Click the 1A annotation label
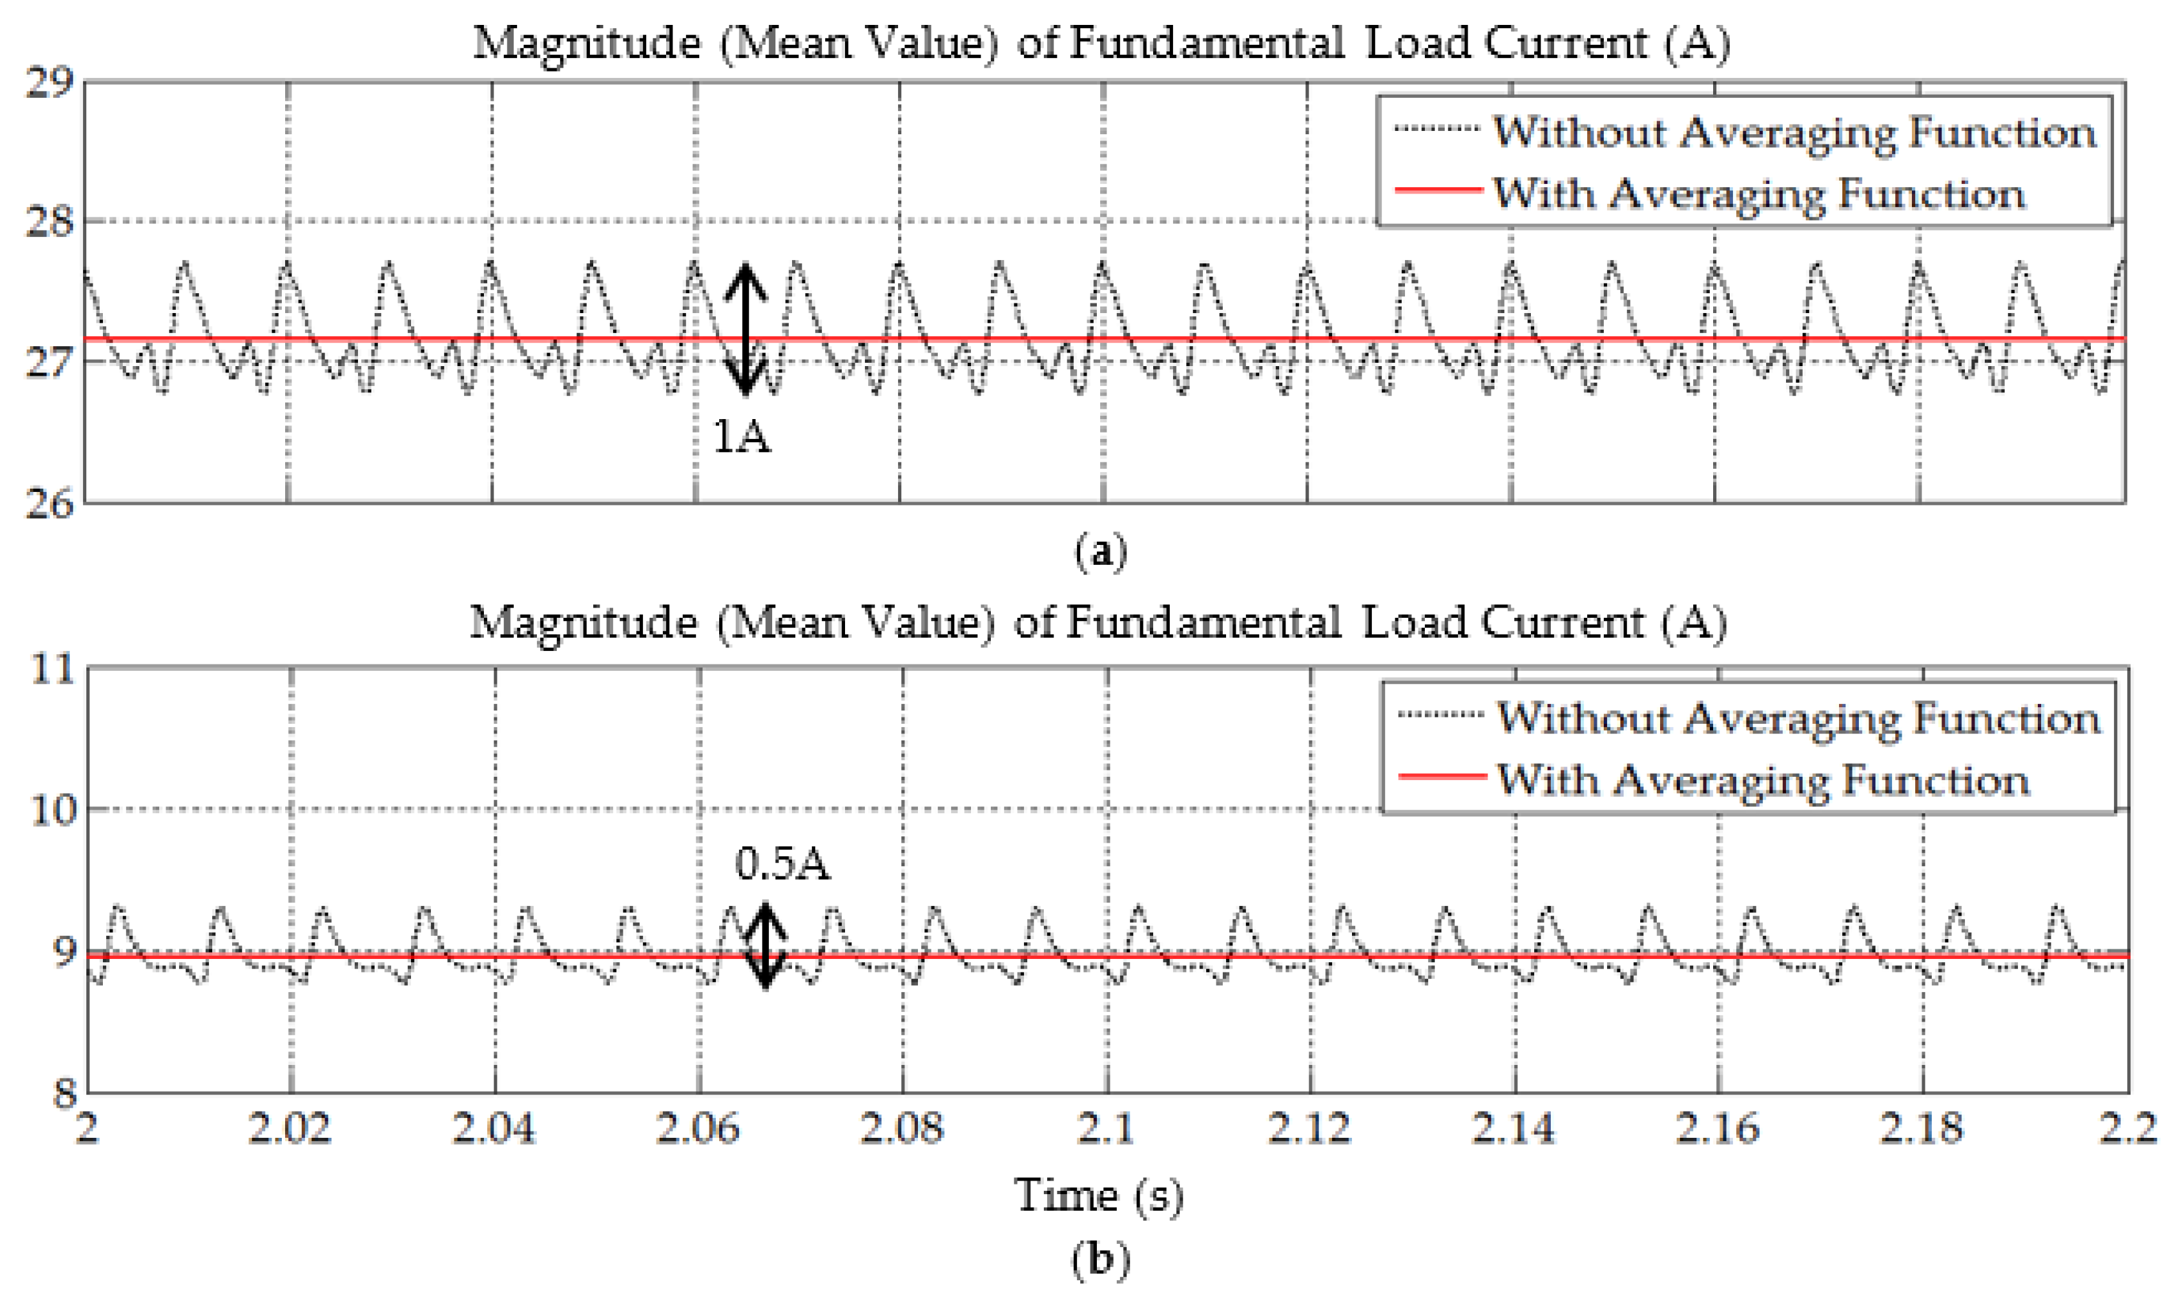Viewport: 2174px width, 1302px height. pyautogui.click(x=741, y=436)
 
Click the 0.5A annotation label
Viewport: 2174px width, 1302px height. pyautogui.click(x=781, y=864)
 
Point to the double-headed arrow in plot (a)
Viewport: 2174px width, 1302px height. pyautogui.click(x=745, y=329)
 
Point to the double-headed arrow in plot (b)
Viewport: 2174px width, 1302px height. pyautogui.click(x=765, y=945)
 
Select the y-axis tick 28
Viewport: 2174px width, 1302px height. pyautogui.click(x=49, y=221)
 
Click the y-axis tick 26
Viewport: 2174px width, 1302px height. pyautogui.click(x=49, y=503)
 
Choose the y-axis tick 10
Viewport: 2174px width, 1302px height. pyautogui.click(x=54, y=809)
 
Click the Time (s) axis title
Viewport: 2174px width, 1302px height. pyautogui.click(x=1099, y=1195)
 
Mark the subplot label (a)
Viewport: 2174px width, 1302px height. pyautogui.click(x=1099, y=552)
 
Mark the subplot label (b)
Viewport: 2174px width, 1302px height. pyautogui.click(x=1099, y=1259)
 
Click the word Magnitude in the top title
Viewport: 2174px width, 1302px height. pyautogui.click(x=586, y=42)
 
